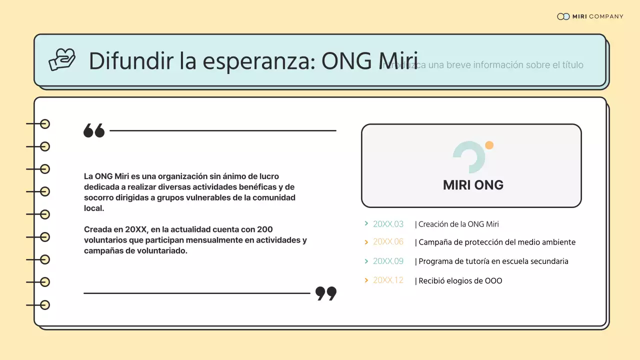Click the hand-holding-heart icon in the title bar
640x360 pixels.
point(62,59)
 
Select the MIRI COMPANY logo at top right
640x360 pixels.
point(590,16)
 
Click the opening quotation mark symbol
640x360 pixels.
point(94,130)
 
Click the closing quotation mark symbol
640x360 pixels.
point(326,293)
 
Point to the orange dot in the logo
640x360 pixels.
point(489,145)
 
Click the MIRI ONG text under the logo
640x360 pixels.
point(473,185)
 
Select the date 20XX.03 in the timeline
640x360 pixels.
point(388,224)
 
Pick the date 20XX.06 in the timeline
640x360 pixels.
point(388,242)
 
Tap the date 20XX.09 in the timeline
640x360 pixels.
point(388,261)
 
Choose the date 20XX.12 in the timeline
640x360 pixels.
point(388,280)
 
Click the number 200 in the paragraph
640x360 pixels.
point(264,229)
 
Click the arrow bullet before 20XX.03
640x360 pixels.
point(366,223)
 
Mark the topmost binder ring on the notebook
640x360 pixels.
point(45,124)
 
